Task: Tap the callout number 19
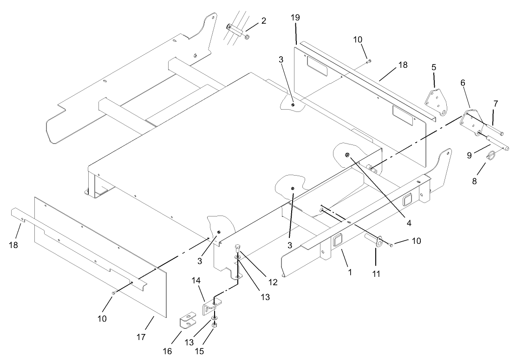(296, 18)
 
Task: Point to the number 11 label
(376, 274)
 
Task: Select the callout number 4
(409, 223)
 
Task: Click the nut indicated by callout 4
(347, 154)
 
